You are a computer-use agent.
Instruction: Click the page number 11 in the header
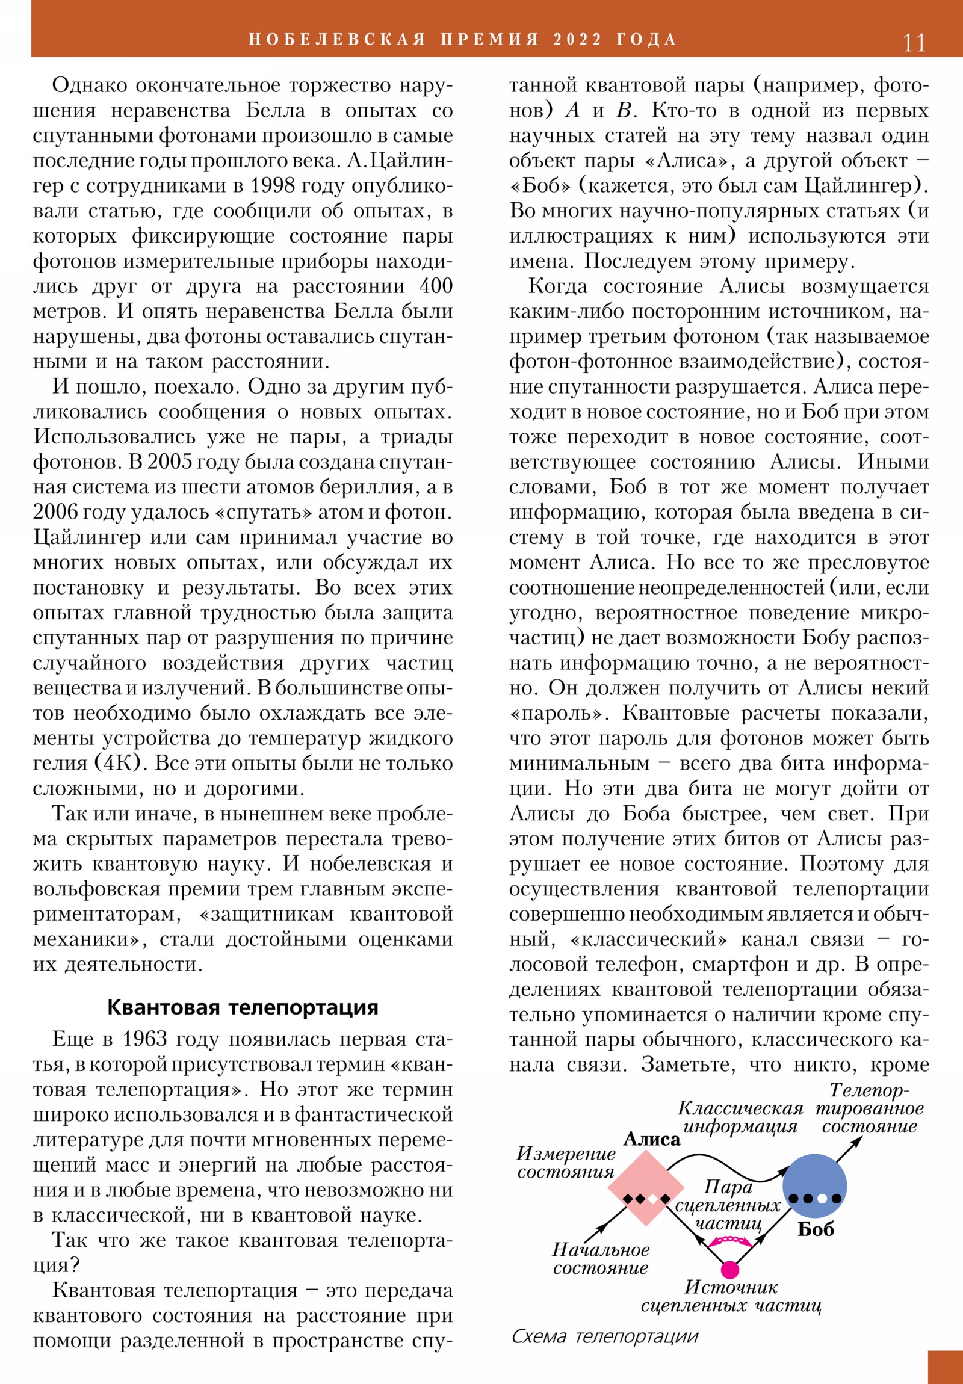[914, 42]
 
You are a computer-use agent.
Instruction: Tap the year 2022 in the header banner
[577, 40]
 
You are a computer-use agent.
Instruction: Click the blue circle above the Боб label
[815, 1185]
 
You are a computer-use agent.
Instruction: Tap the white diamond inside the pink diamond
[652, 1199]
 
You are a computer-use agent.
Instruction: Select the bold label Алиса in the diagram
[652, 1138]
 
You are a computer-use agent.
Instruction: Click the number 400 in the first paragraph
[435, 286]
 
